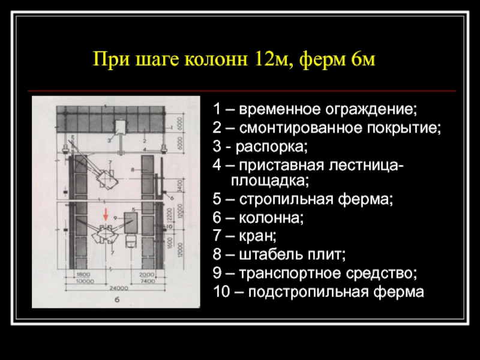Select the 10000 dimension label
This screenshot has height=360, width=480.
pyautogui.click(x=83, y=280)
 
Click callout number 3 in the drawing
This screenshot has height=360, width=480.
pyautogui.click(x=109, y=140)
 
